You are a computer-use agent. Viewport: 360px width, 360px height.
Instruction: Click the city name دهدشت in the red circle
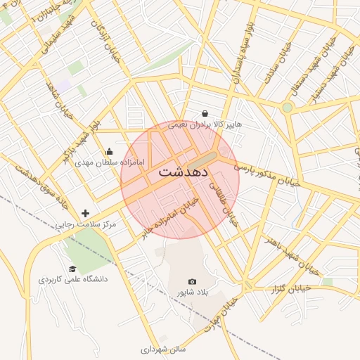pos(180,172)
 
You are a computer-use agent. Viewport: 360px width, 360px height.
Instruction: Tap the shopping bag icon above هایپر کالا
pos(205,113)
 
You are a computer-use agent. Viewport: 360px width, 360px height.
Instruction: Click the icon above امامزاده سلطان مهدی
pos(110,151)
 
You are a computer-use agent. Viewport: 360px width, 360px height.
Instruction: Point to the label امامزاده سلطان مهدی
pos(110,162)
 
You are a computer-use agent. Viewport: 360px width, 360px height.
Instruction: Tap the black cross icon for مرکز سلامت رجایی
pos(86,212)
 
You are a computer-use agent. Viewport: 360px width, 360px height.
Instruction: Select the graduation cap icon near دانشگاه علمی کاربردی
pos(72,269)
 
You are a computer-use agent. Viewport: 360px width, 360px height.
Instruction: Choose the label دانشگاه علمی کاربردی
pos(72,279)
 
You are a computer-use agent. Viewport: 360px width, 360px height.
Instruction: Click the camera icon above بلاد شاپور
pos(193,281)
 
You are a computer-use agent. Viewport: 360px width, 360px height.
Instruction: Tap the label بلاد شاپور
pos(193,291)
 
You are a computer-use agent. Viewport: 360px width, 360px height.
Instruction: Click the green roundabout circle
pos(287,108)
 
